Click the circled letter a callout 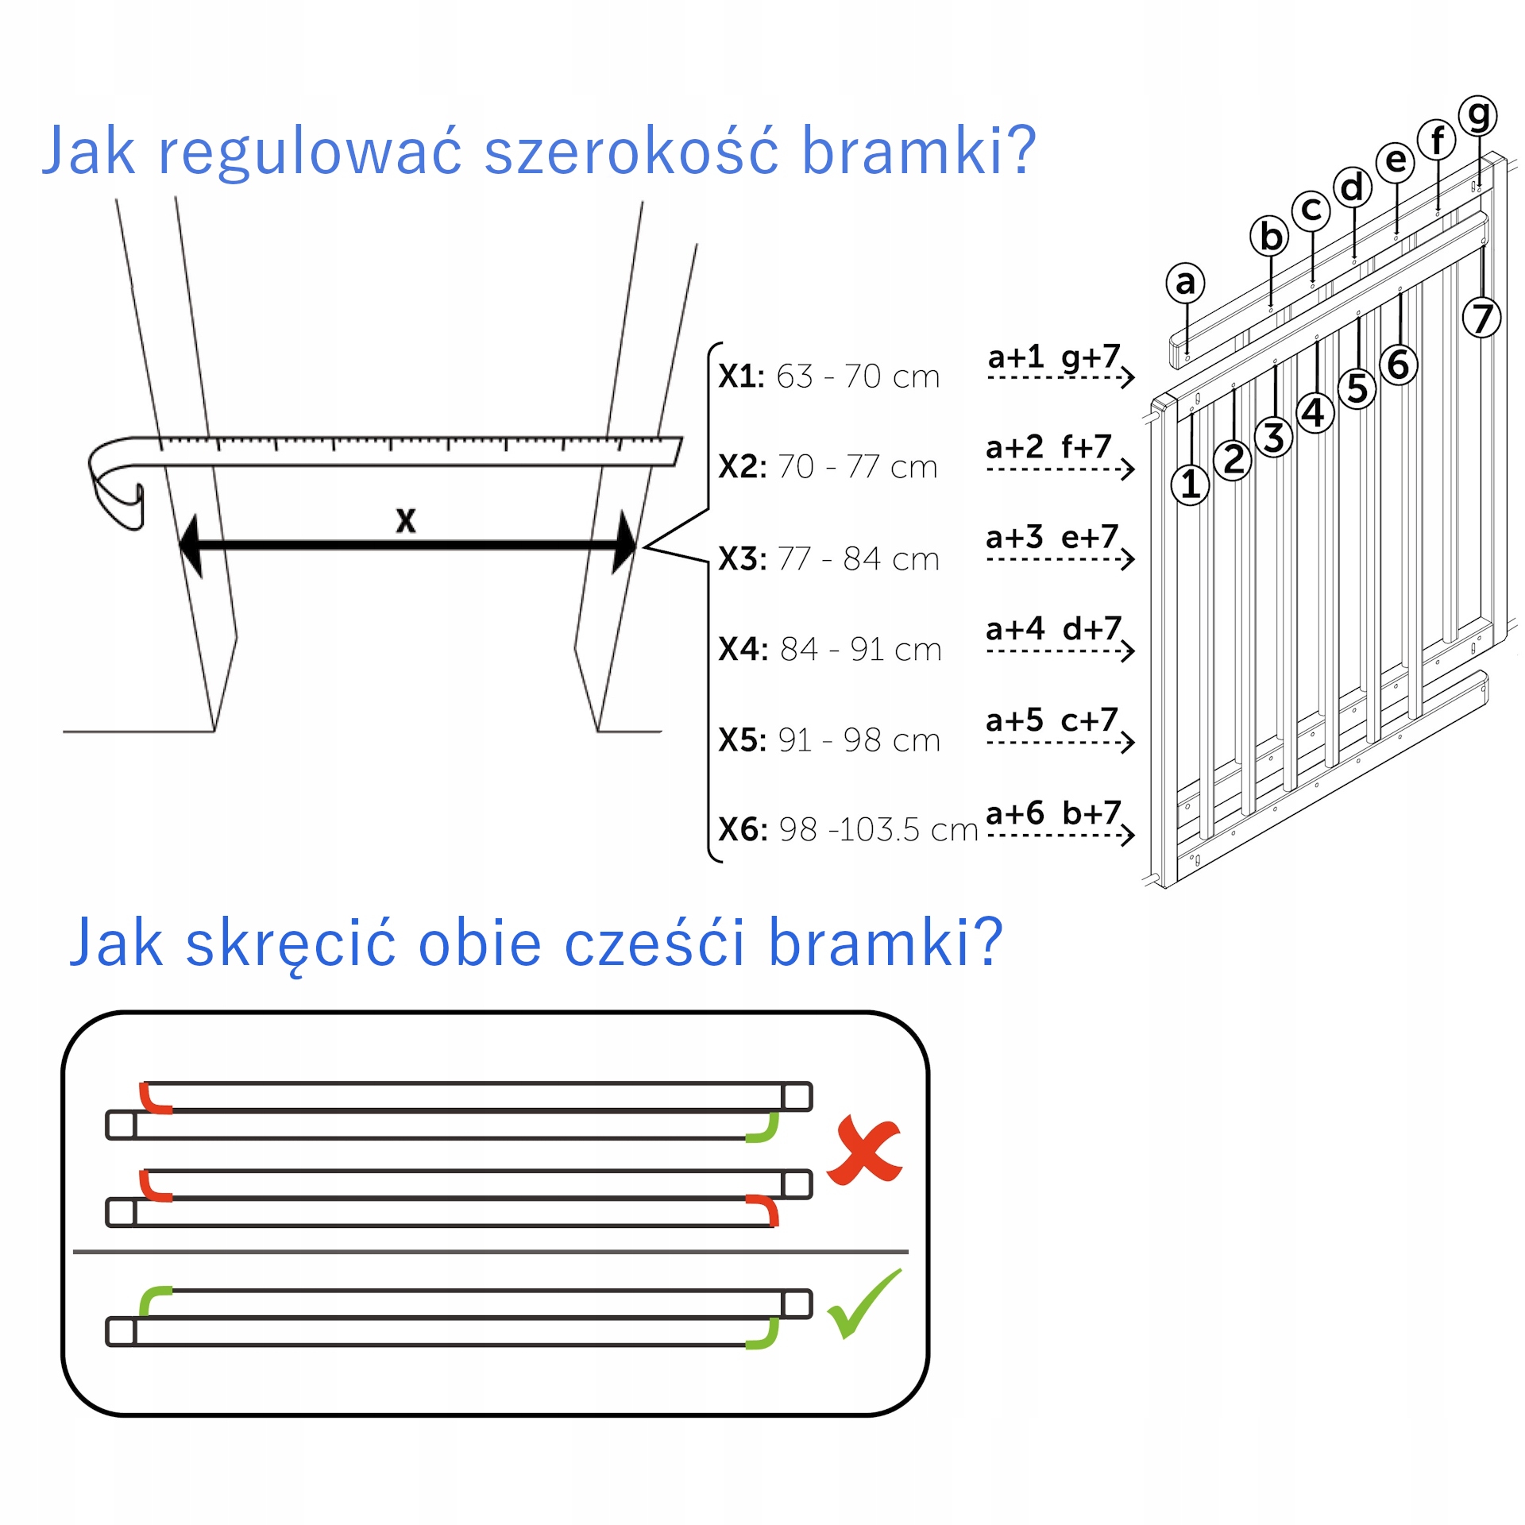(x=1185, y=282)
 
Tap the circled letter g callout (x=1477, y=116)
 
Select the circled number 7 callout (x=1481, y=318)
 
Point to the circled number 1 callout (x=1190, y=485)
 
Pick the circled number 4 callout (x=1315, y=413)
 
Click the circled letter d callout (x=1352, y=188)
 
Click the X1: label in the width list (x=741, y=376)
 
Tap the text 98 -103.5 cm (x=878, y=830)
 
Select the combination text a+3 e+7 (x=1052, y=538)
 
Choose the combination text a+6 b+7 (x=1052, y=813)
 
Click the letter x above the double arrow (x=406, y=520)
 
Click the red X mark (x=864, y=1150)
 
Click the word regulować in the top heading (x=310, y=151)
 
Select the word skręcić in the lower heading (x=291, y=944)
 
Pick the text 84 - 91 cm (x=861, y=650)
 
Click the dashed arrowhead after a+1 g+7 (x=1128, y=377)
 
